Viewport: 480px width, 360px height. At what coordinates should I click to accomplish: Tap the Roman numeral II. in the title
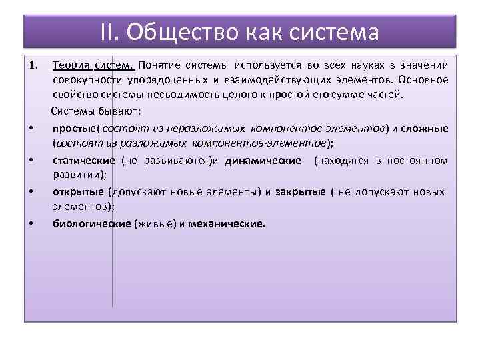pos(110,31)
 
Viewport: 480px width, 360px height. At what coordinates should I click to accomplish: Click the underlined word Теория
pos(71,65)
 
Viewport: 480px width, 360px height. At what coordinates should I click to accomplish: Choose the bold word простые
pos(75,128)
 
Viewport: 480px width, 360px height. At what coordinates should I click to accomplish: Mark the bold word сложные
pos(425,128)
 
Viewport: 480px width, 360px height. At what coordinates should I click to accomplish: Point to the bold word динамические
pos(263,160)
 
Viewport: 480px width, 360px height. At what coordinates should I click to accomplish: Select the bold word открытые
pos(78,191)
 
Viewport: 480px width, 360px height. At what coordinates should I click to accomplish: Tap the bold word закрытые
pos(299,191)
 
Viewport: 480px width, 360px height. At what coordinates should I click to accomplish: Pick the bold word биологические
pos(92,224)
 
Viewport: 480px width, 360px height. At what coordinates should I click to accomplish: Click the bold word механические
pos(227,224)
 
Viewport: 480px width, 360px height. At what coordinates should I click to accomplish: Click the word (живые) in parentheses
pos(155,224)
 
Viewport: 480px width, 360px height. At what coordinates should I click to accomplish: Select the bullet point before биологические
pos(32,223)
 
